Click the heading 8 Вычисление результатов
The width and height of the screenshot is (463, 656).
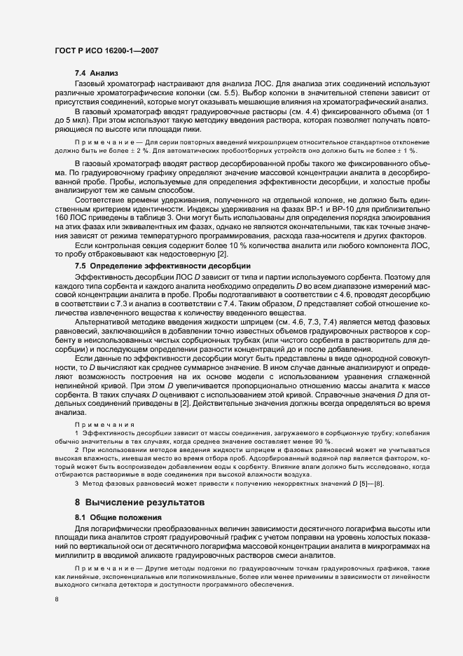coord(139,502)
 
